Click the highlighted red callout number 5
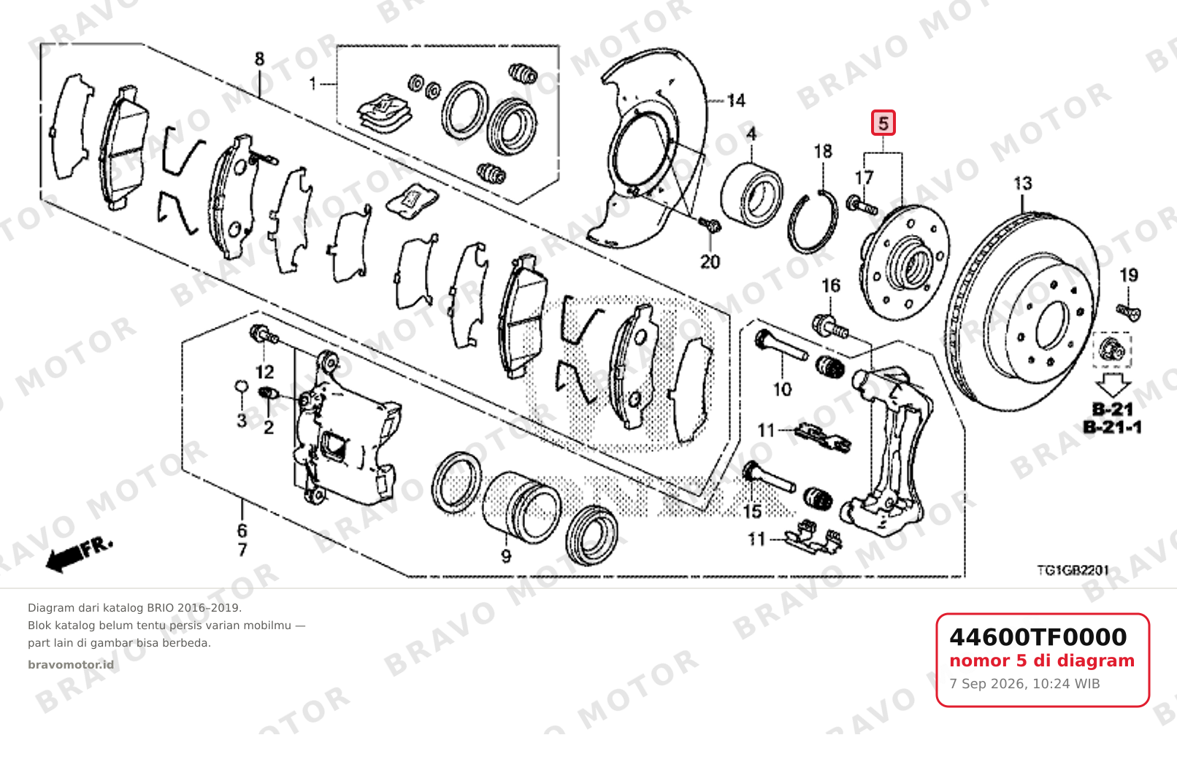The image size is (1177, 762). point(883,123)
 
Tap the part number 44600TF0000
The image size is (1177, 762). point(1038,637)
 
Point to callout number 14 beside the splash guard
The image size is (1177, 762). point(736,100)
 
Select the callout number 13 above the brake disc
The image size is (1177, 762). point(1022,183)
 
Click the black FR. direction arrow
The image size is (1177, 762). point(79,554)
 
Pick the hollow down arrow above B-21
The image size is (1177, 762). point(1113,385)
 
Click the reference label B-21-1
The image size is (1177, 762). point(1112,428)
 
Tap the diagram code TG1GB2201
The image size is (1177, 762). point(1073,570)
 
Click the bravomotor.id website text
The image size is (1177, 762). point(71,665)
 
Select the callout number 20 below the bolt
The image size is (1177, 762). point(710,261)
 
